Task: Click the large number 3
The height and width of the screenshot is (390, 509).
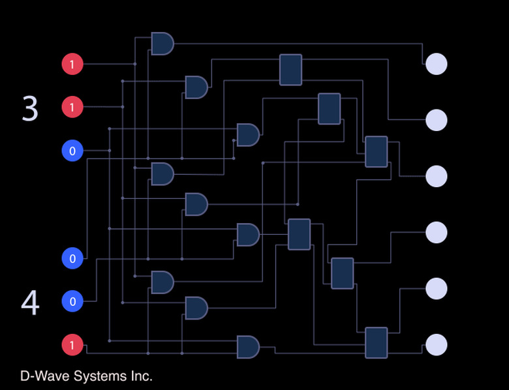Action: point(30,109)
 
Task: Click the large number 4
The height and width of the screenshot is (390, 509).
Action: point(30,303)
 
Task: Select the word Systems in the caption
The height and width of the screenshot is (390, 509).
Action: point(97,376)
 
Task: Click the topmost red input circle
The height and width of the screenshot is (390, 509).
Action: point(72,65)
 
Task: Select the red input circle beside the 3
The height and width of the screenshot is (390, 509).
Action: point(72,106)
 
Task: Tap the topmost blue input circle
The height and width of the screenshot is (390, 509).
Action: point(72,151)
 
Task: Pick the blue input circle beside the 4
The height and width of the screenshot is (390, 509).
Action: point(72,301)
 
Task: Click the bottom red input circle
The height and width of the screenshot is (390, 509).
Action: point(72,344)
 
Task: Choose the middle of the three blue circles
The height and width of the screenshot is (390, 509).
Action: point(72,259)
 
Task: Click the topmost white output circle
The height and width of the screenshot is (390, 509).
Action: point(436,65)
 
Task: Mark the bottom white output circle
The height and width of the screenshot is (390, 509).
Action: point(436,344)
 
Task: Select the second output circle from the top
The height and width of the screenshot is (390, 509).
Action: point(436,121)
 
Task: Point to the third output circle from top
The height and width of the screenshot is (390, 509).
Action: point(436,176)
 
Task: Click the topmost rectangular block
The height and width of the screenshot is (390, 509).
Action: point(290,70)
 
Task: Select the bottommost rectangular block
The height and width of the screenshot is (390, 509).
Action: point(376,342)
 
